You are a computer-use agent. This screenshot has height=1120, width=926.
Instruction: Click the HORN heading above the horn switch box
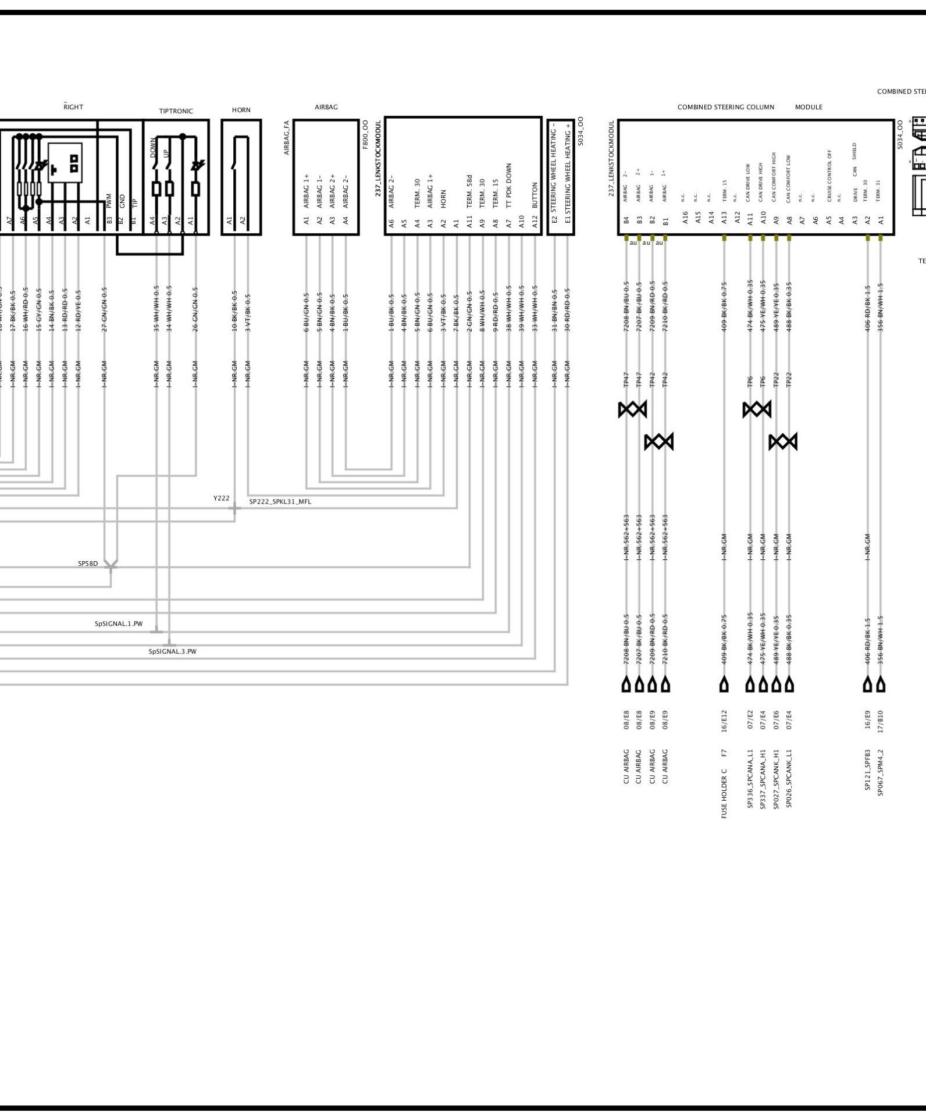pyautogui.click(x=241, y=110)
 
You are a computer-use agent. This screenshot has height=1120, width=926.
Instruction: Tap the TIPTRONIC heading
pyautogui.click(x=176, y=111)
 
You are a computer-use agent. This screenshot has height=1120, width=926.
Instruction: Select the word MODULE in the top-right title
pyautogui.click(x=809, y=107)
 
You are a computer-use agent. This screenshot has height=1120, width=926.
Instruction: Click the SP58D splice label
pyautogui.click(x=88, y=563)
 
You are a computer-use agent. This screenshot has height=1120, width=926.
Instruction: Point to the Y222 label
pyautogui.click(x=221, y=498)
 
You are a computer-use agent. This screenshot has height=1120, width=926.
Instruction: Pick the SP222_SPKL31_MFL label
pyautogui.click(x=280, y=501)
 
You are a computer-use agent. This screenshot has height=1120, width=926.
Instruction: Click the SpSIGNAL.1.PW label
pyautogui.click(x=119, y=624)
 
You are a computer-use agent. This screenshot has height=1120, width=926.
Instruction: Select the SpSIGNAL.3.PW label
pyautogui.click(x=172, y=651)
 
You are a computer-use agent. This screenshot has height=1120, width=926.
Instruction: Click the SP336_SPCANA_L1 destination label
pyautogui.click(x=750, y=779)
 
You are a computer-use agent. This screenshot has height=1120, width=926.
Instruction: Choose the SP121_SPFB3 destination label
pyautogui.click(x=867, y=770)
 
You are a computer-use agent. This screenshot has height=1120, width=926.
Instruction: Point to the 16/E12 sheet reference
pyautogui.click(x=724, y=719)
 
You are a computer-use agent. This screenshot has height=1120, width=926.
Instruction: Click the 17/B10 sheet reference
pyautogui.click(x=880, y=719)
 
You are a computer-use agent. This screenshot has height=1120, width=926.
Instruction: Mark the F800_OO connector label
pyautogui.click(x=365, y=135)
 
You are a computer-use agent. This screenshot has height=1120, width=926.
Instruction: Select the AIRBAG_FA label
pyautogui.click(x=287, y=137)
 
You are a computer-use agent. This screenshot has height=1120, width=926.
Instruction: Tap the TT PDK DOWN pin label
pyautogui.click(x=509, y=185)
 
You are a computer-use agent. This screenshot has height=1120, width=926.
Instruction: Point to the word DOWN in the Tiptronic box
pyautogui.click(x=154, y=148)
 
